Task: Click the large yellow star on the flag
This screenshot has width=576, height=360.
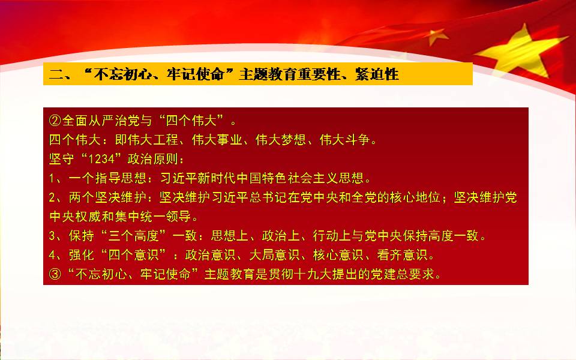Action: pos(521,52)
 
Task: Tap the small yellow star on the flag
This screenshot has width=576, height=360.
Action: pos(437,36)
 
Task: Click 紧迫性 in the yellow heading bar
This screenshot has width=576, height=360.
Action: pos(377,74)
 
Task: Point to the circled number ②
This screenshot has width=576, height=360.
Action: pos(55,121)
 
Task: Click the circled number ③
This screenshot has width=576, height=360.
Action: pos(55,274)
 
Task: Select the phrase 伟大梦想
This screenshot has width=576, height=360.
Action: pos(281,140)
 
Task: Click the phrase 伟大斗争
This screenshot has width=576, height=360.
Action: pos(345,140)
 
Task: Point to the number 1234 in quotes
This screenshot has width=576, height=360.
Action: pos(101,158)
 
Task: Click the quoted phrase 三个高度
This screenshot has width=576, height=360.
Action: pos(133,235)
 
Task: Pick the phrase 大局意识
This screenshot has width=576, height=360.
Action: pos(274,254)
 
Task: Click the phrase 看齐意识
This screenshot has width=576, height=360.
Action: pos(402,254)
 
